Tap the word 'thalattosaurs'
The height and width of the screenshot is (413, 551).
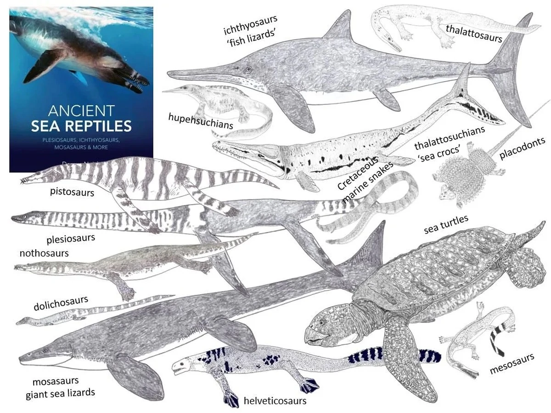(x=474, y=33)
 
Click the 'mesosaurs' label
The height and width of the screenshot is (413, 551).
(x=512, y=364)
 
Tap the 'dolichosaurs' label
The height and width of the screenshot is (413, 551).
(x=61, y=303)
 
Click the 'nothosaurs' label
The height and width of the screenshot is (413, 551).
(x=44, y=253)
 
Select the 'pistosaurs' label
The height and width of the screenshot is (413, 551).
(x=72, y=192)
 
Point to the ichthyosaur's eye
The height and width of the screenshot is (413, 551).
(x=248, y=70)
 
